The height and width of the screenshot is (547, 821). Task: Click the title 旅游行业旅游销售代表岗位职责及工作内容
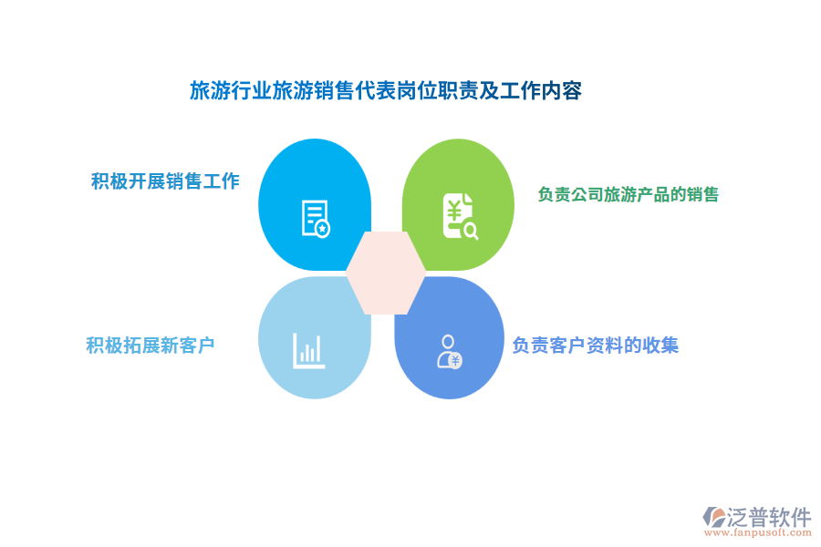coord(385,91)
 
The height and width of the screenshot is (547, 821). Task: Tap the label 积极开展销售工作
coord(165,181)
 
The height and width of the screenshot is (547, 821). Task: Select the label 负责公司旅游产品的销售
coord(628,194)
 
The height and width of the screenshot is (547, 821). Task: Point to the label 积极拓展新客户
coord(151,345)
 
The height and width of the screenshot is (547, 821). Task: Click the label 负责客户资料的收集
coord(595,346)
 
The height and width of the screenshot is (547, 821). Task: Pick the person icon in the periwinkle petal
coord(448,351)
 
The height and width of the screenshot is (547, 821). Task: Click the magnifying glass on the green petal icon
coord(471,231)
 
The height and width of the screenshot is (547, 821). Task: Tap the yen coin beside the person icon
coord(455,360)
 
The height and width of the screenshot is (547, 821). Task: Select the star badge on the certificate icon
coord(323,229)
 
